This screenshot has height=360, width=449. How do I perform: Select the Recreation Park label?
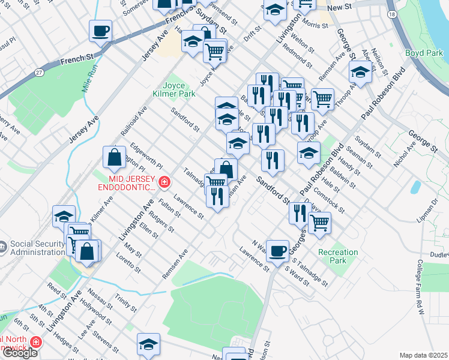coord(338,256)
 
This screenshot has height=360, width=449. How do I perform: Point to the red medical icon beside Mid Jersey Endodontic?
coord(164,182)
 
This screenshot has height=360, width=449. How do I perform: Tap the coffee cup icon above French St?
coord(100,31)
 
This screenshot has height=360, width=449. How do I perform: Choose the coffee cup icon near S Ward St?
coord(277,250)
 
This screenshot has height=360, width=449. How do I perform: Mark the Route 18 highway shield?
coord(392,14)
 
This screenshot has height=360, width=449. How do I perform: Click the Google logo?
coord(19,353)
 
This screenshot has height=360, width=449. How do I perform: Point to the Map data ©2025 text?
coord(423,355)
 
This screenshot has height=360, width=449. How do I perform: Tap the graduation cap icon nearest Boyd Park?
coord(360,73)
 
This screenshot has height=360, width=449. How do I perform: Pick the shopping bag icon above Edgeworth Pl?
coord(114,158)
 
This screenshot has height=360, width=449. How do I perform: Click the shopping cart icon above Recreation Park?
coord(319,223)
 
